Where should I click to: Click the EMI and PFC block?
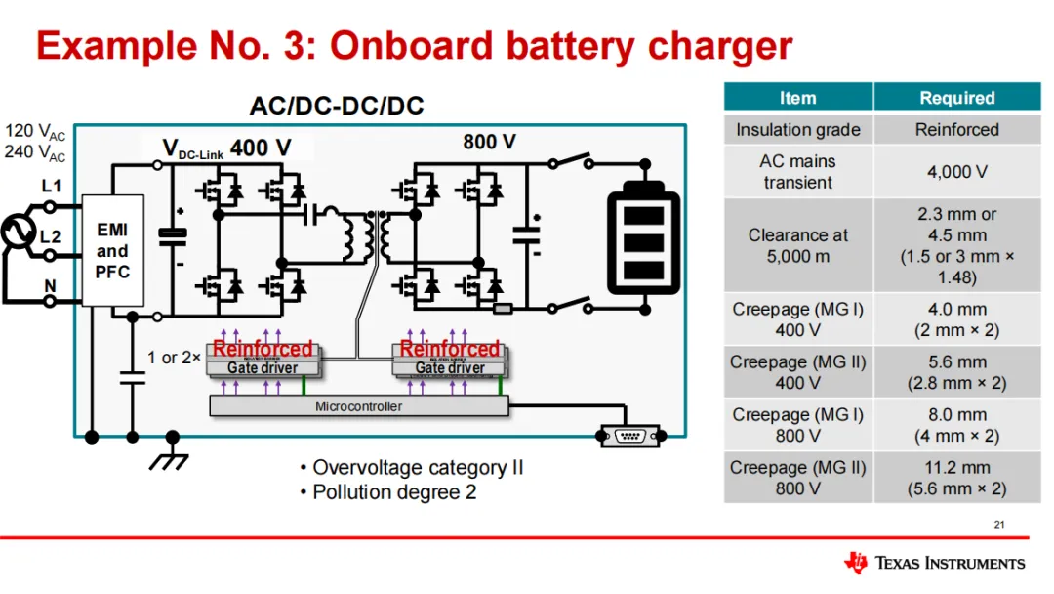click(x=112, y=250)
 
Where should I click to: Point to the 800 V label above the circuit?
click(x=489, y=143)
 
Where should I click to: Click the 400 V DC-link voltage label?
click(x=261, y=148)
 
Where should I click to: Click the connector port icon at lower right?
click(x=629, y=436)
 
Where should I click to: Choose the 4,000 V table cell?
click(x=956, y=172)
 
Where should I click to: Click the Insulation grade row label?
click(x=797, y=130)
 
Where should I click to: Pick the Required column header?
click(x=956, y=98)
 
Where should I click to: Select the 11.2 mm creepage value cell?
click(x=956, y=478)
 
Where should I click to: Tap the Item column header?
click(x=797, y=98)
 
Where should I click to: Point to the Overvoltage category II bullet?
click(x=411, y=468)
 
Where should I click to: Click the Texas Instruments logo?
click(x=934, y=563)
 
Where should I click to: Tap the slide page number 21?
click(x=998, y=526)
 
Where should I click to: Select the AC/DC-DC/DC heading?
click(x=337, y=106)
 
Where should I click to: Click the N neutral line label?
click(x=49, y=286)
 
